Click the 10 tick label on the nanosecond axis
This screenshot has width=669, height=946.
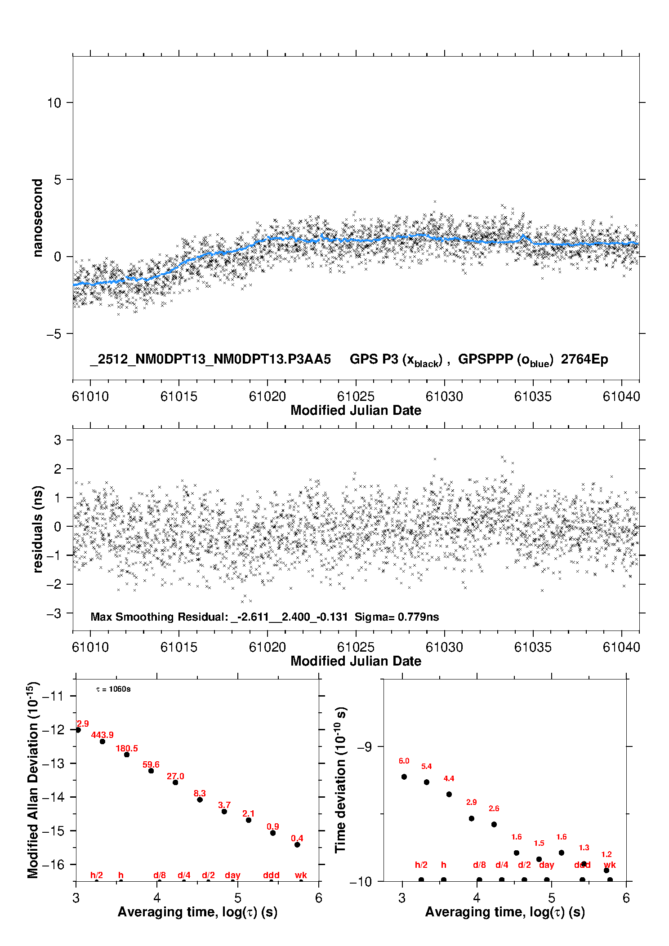54,103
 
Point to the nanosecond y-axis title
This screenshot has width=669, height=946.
38,218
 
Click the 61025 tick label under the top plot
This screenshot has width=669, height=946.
356,396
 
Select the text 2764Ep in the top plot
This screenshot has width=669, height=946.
584,360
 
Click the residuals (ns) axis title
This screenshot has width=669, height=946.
38,529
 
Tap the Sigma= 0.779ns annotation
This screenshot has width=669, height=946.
397,617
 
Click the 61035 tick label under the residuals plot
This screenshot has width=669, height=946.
533,647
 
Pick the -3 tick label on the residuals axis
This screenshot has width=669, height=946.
54,613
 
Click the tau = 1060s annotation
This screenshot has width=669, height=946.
113,689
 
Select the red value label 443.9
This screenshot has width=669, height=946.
103,735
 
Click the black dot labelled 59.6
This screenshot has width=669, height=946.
151,771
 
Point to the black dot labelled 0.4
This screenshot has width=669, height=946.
297,844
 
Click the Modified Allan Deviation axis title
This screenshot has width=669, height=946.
33,780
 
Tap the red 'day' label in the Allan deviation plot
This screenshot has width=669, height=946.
232,875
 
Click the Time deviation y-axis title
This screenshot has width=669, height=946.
340,780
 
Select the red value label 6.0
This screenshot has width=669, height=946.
404,761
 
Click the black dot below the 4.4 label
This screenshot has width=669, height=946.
449,794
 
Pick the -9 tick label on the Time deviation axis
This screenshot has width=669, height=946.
364,746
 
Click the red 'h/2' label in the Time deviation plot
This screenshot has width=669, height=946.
421,865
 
